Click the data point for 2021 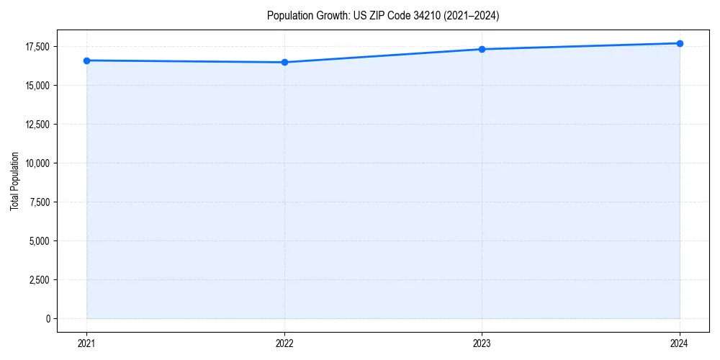pos(86,60)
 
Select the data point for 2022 pos(284,62)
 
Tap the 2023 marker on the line pos(482,49)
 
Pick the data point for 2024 pos(680,43)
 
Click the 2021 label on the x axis pos(86,343)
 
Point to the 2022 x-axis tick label pos(284,343)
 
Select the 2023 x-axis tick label pos(482,343)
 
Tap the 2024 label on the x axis pos(680,343)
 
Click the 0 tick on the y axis pos(48,318)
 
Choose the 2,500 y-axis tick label pos(40,279)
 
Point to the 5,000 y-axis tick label pos(40,240)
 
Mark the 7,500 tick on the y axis pos(40,202)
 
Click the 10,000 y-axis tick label pos(37,163)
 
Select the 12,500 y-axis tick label pos(37,125)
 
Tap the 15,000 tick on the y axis pos(37,86)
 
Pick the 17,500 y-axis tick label pos(37,47)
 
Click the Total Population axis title pos(14,181)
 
